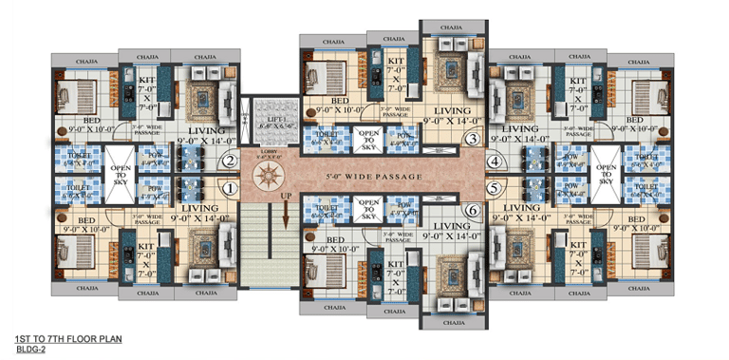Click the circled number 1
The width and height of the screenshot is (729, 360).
click(228, 188)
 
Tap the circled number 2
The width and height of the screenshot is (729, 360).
click(228, 161)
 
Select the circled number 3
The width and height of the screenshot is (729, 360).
click(471, 140)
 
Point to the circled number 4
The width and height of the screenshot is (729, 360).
click(495, 162)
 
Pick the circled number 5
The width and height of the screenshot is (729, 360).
click(495, 188)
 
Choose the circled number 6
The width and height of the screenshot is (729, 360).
click(471, 210)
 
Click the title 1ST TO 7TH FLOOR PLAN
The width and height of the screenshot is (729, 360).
click(68, 339)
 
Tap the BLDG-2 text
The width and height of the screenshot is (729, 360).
click(31, 350)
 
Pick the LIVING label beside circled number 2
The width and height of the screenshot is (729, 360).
click(206, 132)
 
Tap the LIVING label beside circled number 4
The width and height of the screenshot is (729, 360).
click(520, 132)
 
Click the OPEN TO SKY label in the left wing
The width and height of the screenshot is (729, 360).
click(120, 175)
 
